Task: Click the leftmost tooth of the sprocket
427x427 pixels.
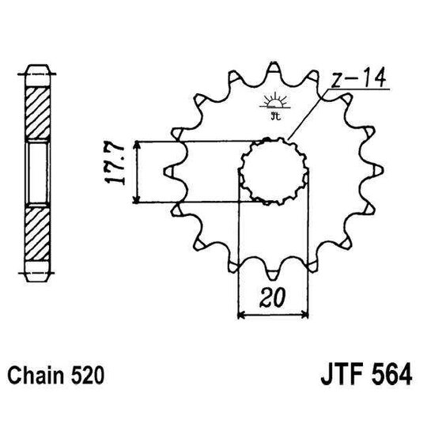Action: click(x=168, y=170)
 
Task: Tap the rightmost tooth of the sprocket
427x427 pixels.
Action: click(x=375, y=171)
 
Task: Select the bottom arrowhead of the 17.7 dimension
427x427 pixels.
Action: click(x=138, y=198)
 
